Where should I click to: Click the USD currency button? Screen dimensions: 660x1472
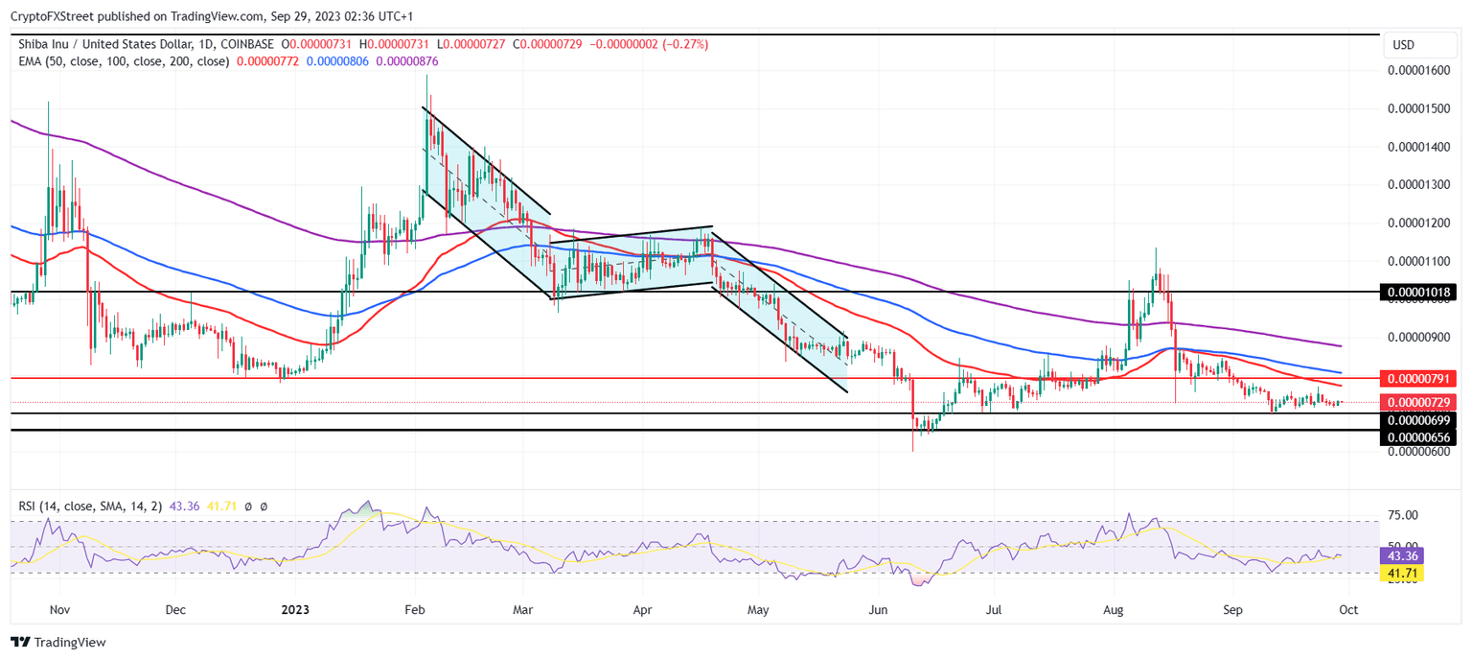coord(1403,45)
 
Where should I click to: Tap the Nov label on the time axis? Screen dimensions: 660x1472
coord(59,609)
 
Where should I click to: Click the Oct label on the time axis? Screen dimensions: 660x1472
coord(1347,609)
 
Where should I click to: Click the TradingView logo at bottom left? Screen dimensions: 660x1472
coord(58,642)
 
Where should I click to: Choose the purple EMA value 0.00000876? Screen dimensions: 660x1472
coord(406,61)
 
